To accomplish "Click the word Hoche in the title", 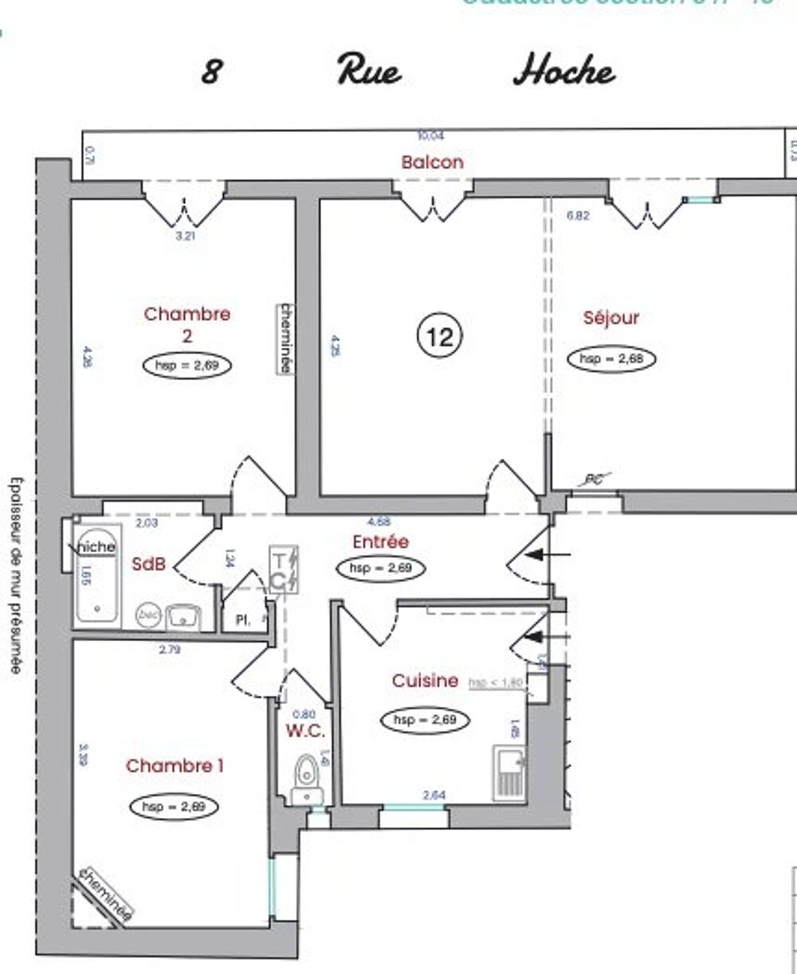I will tap(563, 71).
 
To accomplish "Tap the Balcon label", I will tap(432, 162).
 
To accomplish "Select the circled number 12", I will tap(440, 338).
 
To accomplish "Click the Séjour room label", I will tap(611, 318).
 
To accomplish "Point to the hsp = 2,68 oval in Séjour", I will tap(611, 359).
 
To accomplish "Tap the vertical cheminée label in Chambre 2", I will tap(283, 338).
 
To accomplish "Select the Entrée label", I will tap(380, 542).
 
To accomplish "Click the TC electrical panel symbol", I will tap(283, 569).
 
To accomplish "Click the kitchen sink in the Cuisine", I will tap(508, 773).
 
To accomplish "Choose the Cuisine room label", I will tap(425, 681).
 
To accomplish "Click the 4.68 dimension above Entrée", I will tap(379, 522).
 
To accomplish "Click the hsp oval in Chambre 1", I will tap(174, 806).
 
